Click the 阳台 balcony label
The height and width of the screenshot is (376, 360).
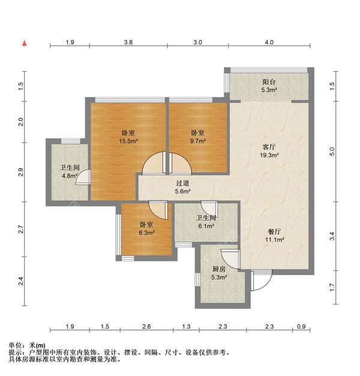[269, 82]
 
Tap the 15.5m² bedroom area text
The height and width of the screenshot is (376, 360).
[128, 142]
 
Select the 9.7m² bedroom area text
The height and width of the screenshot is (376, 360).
[198, 142]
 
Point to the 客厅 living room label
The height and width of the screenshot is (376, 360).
[269, 147]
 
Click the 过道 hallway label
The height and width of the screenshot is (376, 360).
[182, 184]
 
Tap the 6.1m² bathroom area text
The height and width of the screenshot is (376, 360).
[206, 227]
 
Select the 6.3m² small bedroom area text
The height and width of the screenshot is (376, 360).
[147, 233]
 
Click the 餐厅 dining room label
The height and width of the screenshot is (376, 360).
[275, 231]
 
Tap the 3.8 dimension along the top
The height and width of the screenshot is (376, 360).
[128, 43]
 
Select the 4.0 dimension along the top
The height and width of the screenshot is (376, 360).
[268, 43]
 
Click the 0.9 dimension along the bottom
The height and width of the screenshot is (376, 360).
[301, 326]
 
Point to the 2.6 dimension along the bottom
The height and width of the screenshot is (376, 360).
[147, 326]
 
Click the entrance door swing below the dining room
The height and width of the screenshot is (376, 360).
[262, 279]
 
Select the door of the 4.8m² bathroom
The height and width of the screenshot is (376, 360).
[86, 178]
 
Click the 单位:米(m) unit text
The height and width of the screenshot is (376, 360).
[27, 346]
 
